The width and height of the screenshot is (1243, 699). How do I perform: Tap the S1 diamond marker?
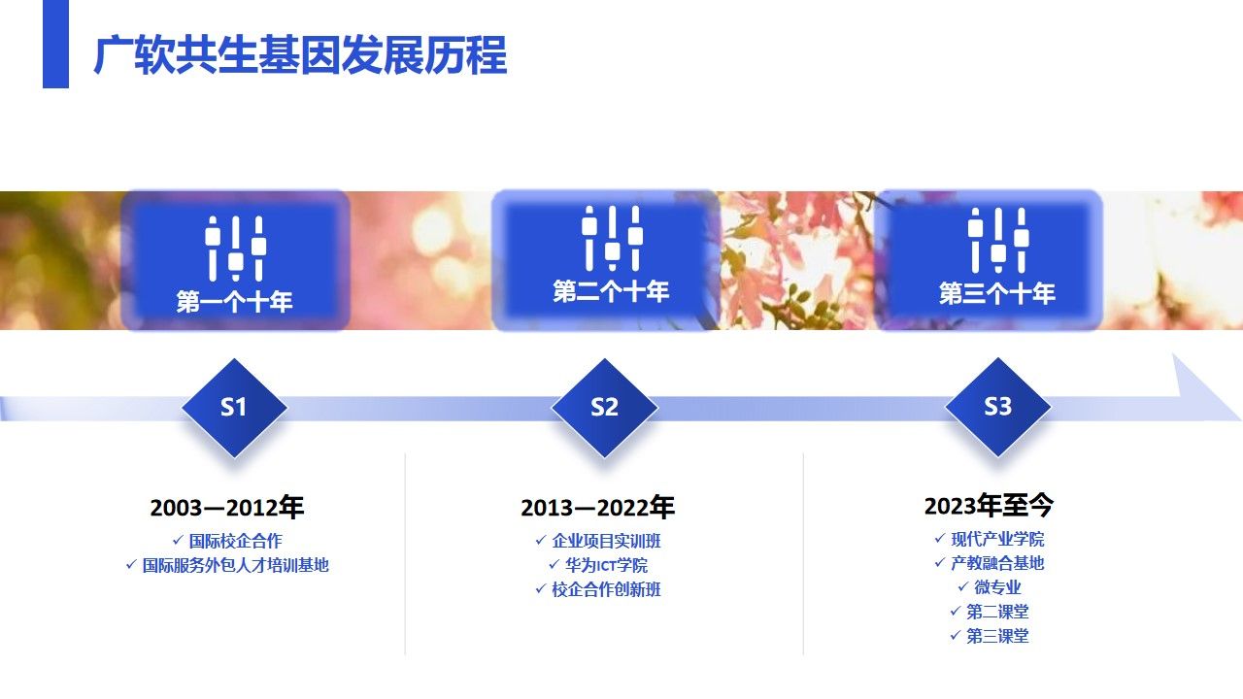(x=234, y=408)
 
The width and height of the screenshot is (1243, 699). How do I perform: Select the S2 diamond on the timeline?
(x=604, y=408)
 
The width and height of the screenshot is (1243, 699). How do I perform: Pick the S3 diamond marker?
(x=997, y=407)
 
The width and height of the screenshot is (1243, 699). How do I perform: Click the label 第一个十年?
(x=234, y=302)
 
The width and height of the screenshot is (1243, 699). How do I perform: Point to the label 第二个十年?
(x=611, y=291)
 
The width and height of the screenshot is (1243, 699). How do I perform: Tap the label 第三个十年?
(x=997, y=293)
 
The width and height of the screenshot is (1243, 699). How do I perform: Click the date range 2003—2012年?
(x=227, y=507)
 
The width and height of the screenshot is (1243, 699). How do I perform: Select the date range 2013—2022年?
(x=597, y=507)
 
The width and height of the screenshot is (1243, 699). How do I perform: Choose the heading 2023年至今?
(x=989, y=506)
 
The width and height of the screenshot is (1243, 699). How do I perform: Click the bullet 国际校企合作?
(x=235, y=541)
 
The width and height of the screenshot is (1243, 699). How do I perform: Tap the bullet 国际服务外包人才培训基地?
(x=235, y=565)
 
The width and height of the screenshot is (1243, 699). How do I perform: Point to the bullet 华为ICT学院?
(x=606, y=565)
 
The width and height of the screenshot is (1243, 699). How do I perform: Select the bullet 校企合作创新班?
(x=606, y=589)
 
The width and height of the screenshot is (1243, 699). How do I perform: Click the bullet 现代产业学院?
(x=997, y=539)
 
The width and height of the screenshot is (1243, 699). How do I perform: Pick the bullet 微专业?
(x=997, y=587)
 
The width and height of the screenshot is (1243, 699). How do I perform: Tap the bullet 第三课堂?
(x=997, y=636)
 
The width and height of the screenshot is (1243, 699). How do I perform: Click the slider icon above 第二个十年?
(x=612, y=239)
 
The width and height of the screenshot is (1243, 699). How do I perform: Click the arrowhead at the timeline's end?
(x=1207, y=387)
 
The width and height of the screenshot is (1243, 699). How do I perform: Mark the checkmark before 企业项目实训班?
(x=541, y=540)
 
